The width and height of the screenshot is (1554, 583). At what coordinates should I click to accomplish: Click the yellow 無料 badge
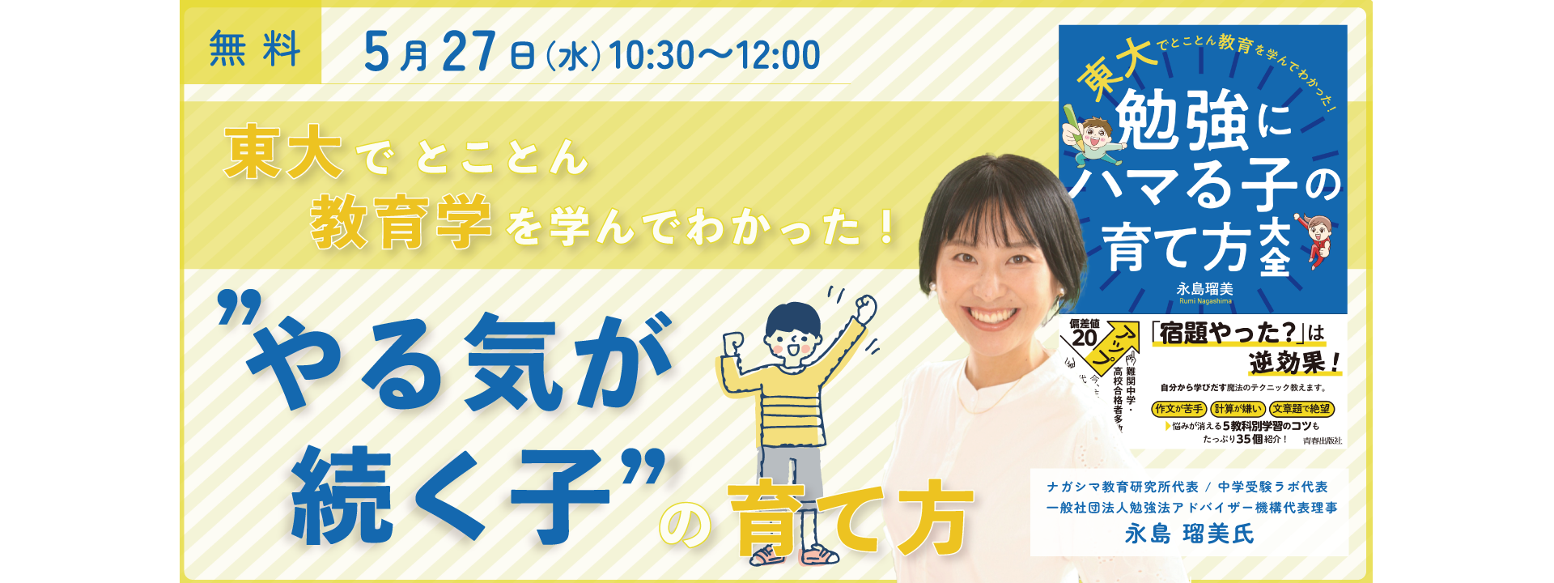tap(253, 49)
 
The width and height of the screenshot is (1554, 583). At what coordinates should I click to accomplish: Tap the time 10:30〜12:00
tap(714, 56)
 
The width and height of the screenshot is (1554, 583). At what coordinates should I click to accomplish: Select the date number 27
tap(469, 53)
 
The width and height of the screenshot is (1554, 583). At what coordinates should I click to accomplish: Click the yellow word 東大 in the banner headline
tap(282, 152)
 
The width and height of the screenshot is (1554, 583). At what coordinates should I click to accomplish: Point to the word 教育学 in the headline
tap(401, 222)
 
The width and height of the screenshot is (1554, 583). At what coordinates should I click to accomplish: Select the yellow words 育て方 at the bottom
tap(850, 518)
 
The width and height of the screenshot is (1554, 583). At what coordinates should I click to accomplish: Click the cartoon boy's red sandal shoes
tap(793, 555)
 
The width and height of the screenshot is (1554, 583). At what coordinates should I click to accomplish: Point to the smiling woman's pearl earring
tap(932, 287)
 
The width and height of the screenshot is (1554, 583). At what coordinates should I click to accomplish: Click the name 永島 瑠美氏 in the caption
tap(1189, 534)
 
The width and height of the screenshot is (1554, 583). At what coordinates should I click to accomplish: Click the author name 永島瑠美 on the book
tap(1204, 289)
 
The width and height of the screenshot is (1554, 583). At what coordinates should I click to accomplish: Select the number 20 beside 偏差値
tap(1084, 338)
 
